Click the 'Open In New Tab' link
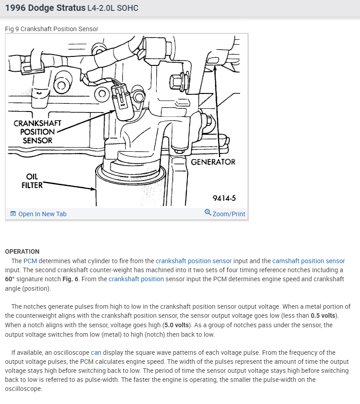click(x=42, y=214)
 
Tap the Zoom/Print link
click(x=229, y=214)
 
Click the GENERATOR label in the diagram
click(x=213, y=162)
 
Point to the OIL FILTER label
click(x=32, y=181)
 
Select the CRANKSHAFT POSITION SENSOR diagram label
click(x=37, y=131)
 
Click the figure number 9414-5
click(x=224, y=198)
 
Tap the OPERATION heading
click(x=22, y=251)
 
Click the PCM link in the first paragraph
click(x=30, y=261)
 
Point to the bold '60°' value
click(x=10, y=279)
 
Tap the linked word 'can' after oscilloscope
click(x=96, y=353)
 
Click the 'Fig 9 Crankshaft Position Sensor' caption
click(x=51, y=29)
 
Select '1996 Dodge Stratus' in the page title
click(x=45, y=8)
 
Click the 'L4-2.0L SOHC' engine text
click(x=112, y=8)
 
